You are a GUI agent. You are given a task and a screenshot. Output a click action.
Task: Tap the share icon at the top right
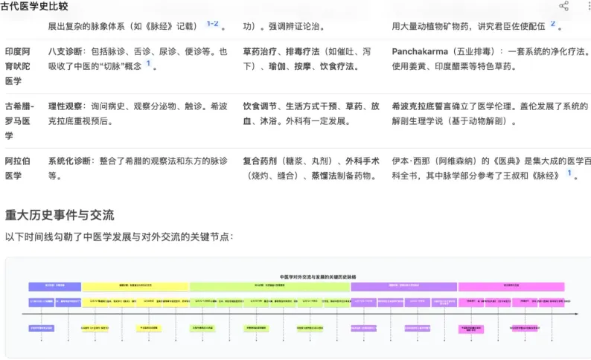(563, 7)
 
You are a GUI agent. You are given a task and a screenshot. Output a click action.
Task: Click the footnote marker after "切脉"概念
(147, 64)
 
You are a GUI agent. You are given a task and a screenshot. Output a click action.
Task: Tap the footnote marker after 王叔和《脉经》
(569, 173)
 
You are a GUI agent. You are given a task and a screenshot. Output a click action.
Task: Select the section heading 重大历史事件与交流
(60, 215)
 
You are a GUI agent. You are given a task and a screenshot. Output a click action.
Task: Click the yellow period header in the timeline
(135, 286)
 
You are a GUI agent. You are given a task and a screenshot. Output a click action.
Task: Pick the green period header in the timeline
(269, 286)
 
